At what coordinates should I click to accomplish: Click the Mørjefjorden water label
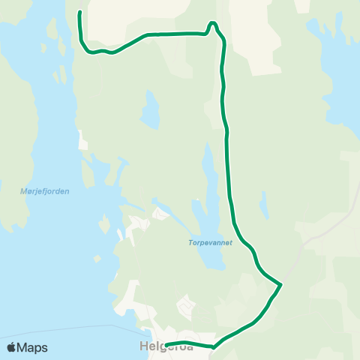tap(46, 191)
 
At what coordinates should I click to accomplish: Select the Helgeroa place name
tap(166, 347)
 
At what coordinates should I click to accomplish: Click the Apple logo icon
tap(12, 347)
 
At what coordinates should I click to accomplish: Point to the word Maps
tap(32, 347)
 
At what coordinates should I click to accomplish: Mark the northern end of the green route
tap(79, 13)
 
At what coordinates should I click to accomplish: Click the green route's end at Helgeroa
tap(165, 345)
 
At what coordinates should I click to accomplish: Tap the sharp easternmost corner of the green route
tap(280, 284)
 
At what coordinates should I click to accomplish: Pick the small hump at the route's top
tap(213, 24)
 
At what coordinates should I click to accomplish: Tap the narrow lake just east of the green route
tap(263, 204)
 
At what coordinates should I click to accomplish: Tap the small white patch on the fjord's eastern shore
tap(80, 139)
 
